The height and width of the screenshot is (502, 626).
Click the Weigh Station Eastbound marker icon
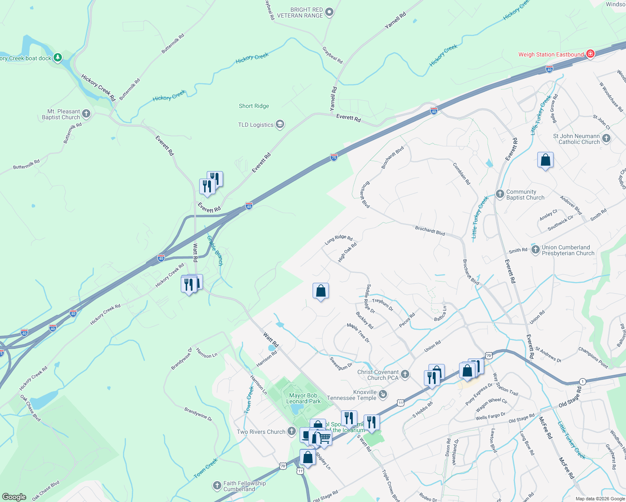pos(590,54)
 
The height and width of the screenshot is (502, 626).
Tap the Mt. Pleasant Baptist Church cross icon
pos(86,114)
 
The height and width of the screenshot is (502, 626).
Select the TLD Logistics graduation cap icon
pos(280,124)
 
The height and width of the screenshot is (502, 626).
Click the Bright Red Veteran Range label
pos(306,13)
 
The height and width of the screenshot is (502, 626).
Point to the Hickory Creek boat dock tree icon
pos(58,58)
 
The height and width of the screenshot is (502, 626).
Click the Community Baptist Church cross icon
pos(500,194)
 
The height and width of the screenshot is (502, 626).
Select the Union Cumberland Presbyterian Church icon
pos(535,250)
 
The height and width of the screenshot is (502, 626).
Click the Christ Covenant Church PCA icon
pos(405,374)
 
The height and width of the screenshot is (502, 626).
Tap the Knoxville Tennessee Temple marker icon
pos(382,394)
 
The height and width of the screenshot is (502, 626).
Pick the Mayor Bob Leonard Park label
pos(303,398)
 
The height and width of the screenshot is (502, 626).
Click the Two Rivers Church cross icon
pos(292,432)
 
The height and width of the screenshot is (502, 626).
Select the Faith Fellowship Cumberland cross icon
pos(217,485)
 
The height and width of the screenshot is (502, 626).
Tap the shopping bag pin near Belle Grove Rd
pos(545,160)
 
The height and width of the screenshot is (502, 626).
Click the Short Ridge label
pos(254,106)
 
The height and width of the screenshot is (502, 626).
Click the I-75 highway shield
pos(334,157)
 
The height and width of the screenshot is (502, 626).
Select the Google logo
pos(14,497)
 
